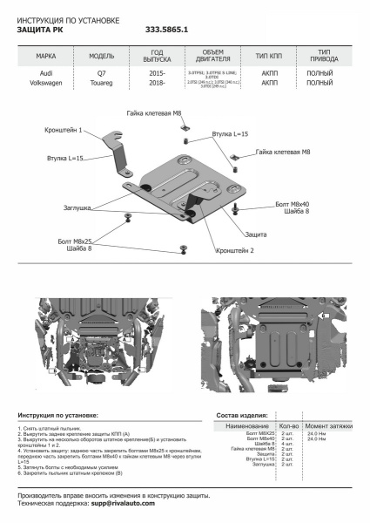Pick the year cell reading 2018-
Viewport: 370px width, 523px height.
(157, 85)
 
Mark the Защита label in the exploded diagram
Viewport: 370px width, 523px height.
(255, 235)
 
